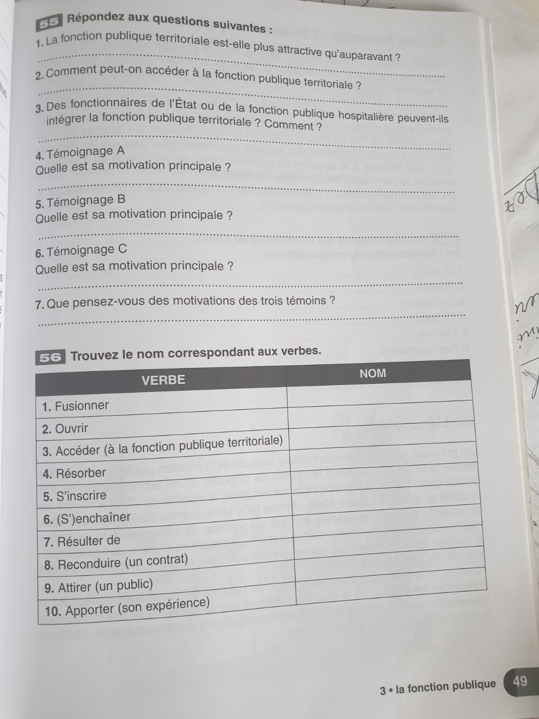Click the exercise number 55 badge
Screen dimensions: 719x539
pyautogui.click(x=48, y=23)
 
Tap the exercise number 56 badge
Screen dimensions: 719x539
pyautogui.click(x=50, y=358)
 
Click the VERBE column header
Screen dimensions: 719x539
pyautogui.click(x=163, y=380)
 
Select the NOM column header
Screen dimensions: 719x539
pyautogui.click(x=373, y=373)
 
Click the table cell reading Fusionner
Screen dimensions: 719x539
pyautogui.click(x=75, y=406)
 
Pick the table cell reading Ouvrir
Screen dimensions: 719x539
pyautogui.click(x=66, y=428)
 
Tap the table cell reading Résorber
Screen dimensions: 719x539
pyautogui.click(x=75, y=473)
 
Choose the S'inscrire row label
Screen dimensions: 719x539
pyautogui.click(x=75, y=496)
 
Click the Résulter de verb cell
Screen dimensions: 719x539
pyautogui.click(x=82, y=541)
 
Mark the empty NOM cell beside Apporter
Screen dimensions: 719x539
pyautogui.click(x=391, y=600)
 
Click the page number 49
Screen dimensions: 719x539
pyautogui.click(x=520, y=681)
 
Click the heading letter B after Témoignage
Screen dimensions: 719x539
pyautogui.click(x=121, y=199)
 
